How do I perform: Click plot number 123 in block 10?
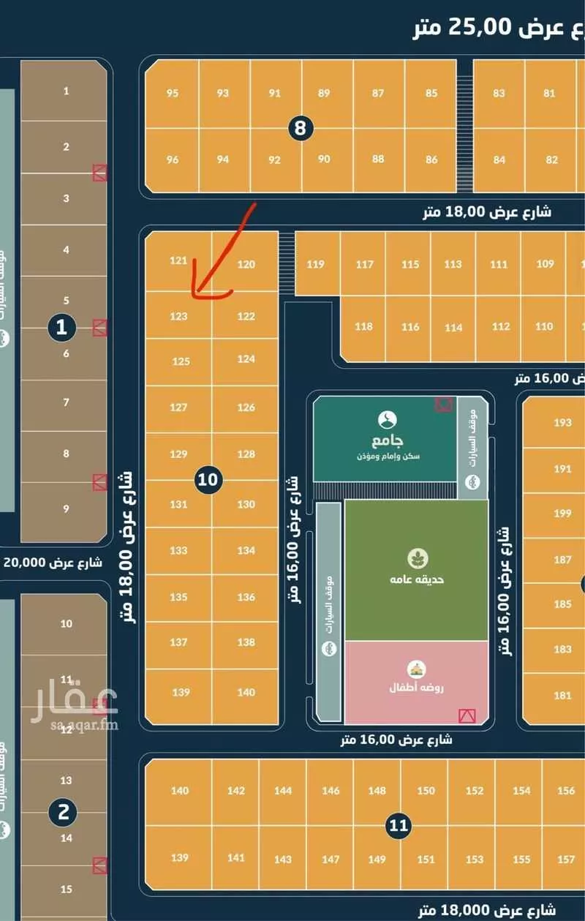178,317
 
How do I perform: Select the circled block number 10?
208,480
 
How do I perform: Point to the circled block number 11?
398,827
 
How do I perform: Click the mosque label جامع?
386,441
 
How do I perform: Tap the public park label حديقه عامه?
416,579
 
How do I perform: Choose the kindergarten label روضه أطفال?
416,688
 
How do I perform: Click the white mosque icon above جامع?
388,420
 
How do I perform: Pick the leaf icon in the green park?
418,558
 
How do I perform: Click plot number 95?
173,94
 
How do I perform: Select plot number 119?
316,265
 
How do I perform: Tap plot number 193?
562,423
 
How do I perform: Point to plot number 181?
562,696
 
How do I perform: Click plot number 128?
246,454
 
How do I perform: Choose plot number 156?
565,791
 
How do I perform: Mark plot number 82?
551,160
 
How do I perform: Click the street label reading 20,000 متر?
53,563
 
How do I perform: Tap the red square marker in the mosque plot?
443,404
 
